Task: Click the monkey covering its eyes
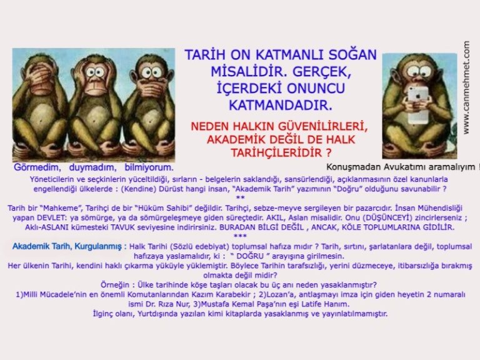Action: pos(39,103)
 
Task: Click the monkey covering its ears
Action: pos(95,103)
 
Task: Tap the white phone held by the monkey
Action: pos(417,100)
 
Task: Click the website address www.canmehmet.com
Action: pos(467,87)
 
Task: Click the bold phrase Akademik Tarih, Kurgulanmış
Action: pos(69,247)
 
